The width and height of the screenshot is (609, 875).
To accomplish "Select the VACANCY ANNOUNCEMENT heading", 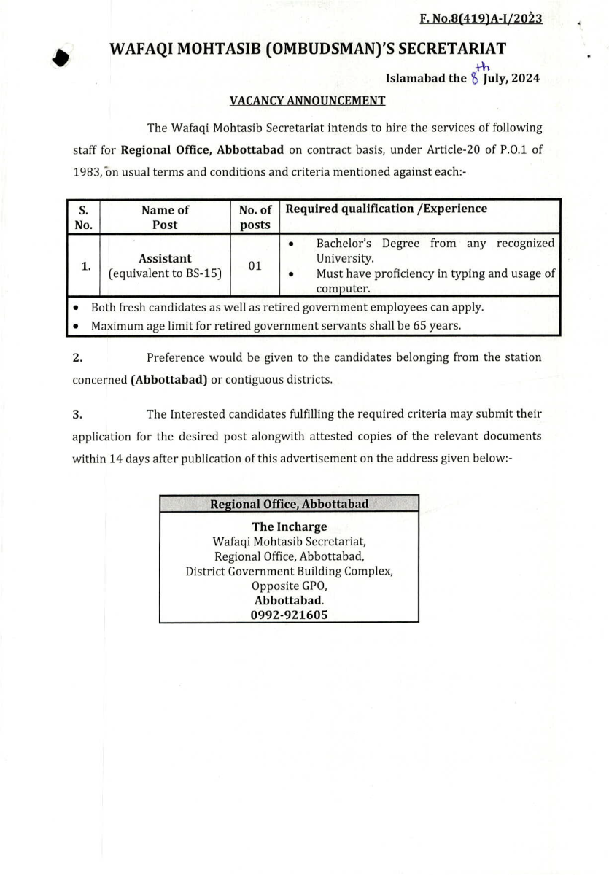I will coord(308,101).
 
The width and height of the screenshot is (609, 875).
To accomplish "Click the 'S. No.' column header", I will coord(83,217).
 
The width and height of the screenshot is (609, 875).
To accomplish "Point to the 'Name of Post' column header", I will coord(165,217).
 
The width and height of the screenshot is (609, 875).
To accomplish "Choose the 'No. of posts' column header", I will coord(255,217).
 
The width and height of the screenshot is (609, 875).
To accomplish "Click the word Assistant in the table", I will coord(165,258).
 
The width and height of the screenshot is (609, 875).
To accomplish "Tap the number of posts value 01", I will coord(255,266).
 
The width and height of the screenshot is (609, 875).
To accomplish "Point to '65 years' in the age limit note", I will coord(438,325).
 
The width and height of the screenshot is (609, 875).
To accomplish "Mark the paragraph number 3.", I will coord(77,414).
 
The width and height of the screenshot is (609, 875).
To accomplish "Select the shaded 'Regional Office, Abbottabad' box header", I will coord(289,504).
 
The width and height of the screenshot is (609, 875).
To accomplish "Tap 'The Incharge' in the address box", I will coord(290,526).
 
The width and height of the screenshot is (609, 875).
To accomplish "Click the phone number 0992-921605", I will coord(290,615).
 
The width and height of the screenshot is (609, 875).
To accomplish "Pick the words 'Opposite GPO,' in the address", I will coord(290,586).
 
